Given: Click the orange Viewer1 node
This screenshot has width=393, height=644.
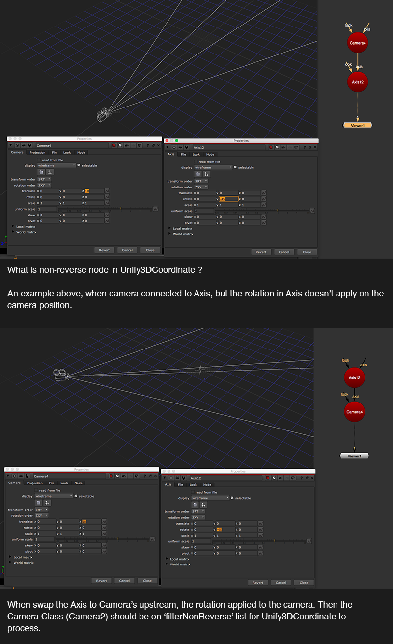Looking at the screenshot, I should point(358,126).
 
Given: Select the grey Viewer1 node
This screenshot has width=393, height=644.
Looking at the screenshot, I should point(354,456).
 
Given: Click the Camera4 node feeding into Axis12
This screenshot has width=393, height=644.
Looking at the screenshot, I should point(358,43).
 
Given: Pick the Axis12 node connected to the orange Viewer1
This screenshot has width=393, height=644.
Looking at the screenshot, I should point(358,82).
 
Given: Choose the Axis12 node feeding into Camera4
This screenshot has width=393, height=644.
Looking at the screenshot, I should point(354,378).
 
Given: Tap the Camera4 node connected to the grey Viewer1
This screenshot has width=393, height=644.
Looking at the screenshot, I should point(354,412).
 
